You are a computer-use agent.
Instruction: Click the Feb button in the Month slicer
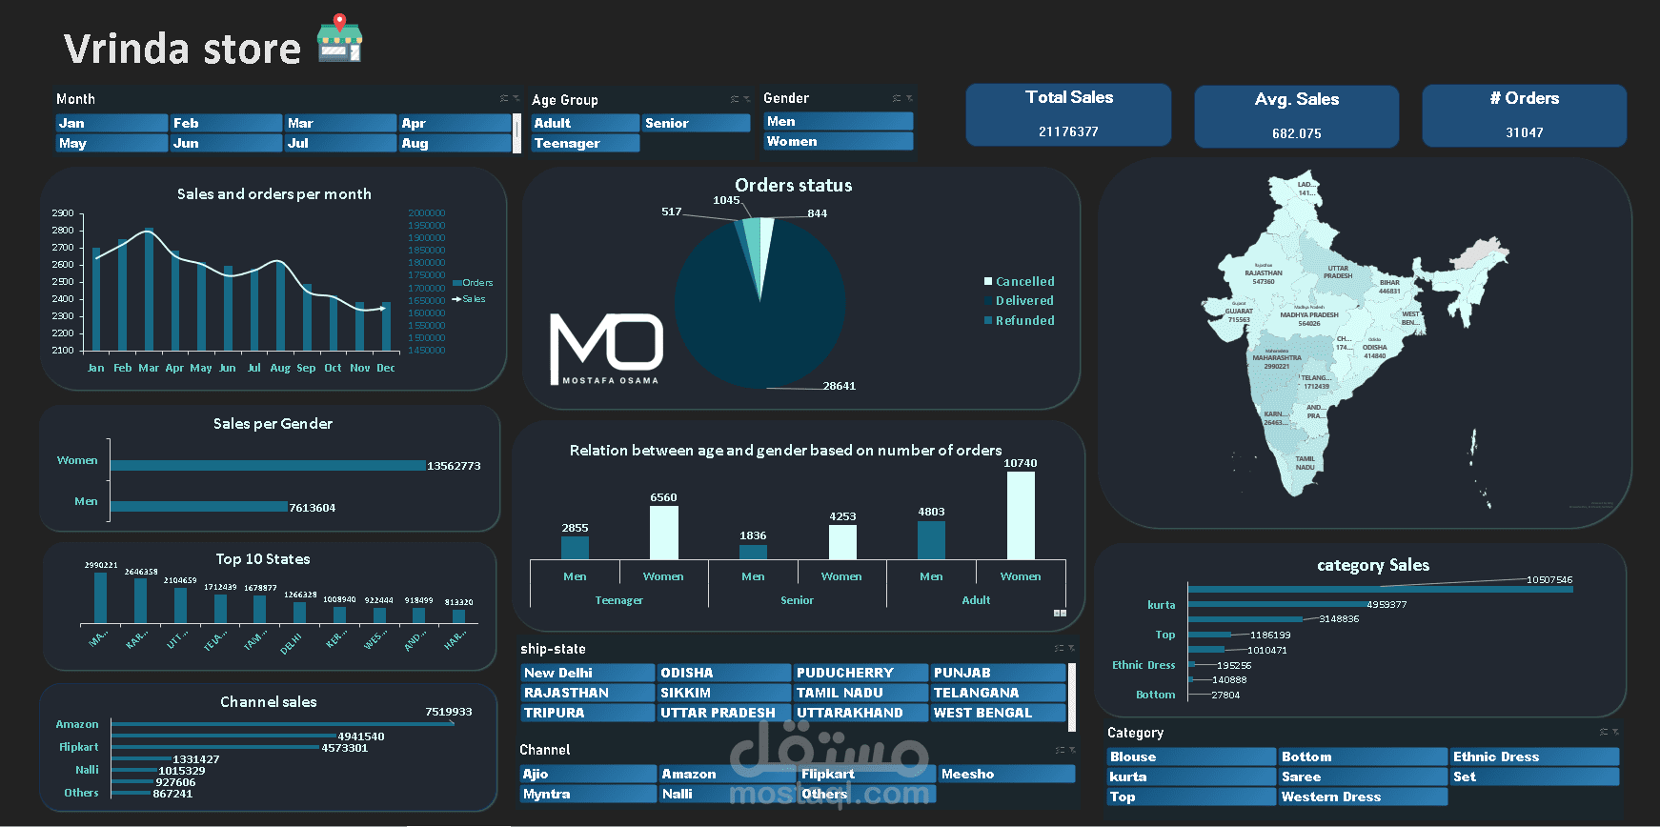click(x=226, y=123)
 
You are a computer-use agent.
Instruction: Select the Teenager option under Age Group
click(x=584, y=143)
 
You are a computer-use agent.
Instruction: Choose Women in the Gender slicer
click(x=838, y=141)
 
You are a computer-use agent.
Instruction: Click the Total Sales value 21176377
click(x=1068, y=131)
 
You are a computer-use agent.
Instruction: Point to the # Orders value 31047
click(x=1524, y=132)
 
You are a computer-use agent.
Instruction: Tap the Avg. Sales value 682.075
click(x=1296, y=133)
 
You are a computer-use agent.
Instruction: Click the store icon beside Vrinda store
click(x=339, y=39)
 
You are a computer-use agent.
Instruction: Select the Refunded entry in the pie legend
click(x=1024, y=321)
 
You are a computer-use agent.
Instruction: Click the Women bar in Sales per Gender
click(x=268, y=465)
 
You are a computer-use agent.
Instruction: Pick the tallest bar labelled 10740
click(x=1021, y=514)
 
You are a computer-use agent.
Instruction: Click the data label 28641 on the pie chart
click(x=840, y=386)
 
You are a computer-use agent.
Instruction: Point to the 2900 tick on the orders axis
click(x=63, y=213)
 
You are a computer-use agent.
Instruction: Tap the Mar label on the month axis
click(x=149, y=368)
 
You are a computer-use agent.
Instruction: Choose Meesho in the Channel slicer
click(x=1006, y=774)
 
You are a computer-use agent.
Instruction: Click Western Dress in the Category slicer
click(x=1362, y=797)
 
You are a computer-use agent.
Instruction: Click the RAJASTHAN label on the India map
click(x=1264, y=273)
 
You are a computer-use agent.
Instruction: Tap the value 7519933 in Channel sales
click(x=449, y=712)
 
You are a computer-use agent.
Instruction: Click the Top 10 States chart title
click(x=263, y=559)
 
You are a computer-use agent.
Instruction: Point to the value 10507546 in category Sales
click(x=1549, y=579)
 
